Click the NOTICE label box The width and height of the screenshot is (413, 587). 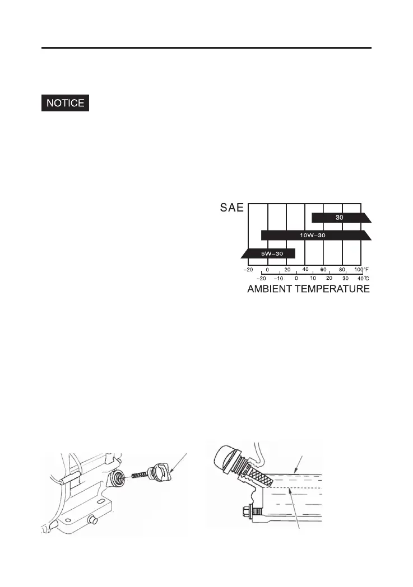tap(66, 104)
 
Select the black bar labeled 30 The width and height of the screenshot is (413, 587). tap(338, 218)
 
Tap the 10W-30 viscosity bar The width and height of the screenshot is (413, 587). tap(314, 236)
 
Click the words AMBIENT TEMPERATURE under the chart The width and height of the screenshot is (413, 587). tap(308, 289)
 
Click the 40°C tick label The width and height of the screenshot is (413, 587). tap(363, 278)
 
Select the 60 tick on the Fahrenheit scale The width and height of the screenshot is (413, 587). tap(323, 269)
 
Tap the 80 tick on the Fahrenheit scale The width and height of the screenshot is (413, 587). tap(342, 269)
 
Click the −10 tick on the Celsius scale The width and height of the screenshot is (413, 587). tap(279, 278)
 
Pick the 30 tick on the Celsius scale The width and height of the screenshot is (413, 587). tap(346, 278)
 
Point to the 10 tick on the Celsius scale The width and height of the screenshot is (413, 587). tap(313, 278)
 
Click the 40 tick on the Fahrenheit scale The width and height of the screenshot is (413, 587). tap(305, 269)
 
